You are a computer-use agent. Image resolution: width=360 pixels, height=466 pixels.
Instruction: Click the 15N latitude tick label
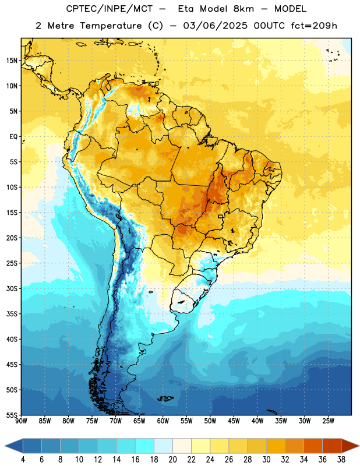click(x=12, y=61)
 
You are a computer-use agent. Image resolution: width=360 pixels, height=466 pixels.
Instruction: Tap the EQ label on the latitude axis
click(x=13, y=137)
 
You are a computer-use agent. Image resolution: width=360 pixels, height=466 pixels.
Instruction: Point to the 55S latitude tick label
click(x=12, y=415)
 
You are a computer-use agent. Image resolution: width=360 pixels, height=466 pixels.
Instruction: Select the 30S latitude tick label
click(x=12, y=288)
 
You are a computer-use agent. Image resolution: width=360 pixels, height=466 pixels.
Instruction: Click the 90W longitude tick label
click(x=21, y=421)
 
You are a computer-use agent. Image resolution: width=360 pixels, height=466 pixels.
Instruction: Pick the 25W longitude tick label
click(x=328, y=421)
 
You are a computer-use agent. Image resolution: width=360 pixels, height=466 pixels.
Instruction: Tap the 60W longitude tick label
click(x=163, y=421)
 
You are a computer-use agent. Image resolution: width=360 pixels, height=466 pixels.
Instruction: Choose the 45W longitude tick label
click(x=234, y=421)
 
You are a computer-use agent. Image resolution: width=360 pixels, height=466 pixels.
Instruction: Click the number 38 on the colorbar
click(x=341, y=460)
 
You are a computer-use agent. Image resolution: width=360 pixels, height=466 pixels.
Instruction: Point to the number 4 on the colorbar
click(x=23, y=460)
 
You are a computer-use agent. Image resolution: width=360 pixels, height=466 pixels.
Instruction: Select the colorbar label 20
click(x=172, y=460)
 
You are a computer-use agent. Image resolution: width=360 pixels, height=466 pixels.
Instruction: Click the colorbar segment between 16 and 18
click(x=145, y=446)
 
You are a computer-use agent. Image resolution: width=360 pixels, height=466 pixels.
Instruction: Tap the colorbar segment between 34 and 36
click(x=313, y=446)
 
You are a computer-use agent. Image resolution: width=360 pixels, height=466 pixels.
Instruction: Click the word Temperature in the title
click(x=111, y=26)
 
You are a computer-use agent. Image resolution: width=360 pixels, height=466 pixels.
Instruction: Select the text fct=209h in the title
click(x=314, y=26)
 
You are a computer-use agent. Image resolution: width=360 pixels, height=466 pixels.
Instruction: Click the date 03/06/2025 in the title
click(x=215, y=26)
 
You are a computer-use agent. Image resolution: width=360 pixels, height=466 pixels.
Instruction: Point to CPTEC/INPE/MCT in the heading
click(x=110, y=9)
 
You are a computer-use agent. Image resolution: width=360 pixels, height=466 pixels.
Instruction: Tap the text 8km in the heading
click(x=243, y=9)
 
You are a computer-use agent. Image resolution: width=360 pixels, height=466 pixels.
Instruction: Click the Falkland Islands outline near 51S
click(x=165, y=398)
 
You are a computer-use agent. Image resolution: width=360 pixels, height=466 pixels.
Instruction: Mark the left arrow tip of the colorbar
click(x=5, y=446)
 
